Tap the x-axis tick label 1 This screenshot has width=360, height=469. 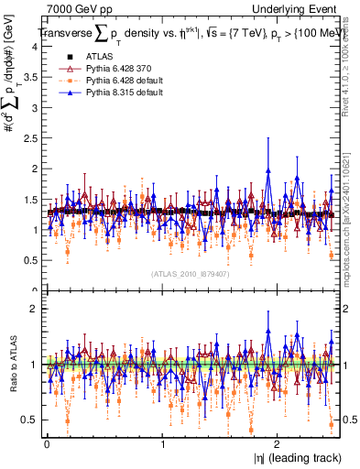[163, 444]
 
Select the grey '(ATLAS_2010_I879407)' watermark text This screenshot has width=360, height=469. [191, 273]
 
